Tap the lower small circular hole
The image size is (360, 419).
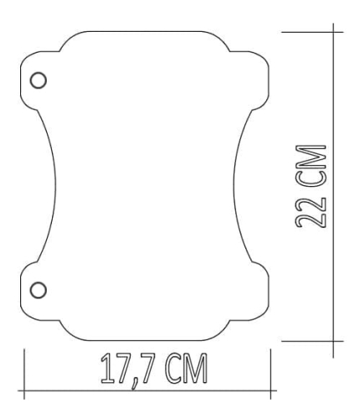coord(37,290)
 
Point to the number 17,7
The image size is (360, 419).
coord(130,369)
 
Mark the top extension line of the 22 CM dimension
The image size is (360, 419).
coord(310,32)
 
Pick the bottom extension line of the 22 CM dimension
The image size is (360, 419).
coord(310,341)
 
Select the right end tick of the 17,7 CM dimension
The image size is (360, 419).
coord(270,373)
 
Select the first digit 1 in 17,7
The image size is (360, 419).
coord(105,369)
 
